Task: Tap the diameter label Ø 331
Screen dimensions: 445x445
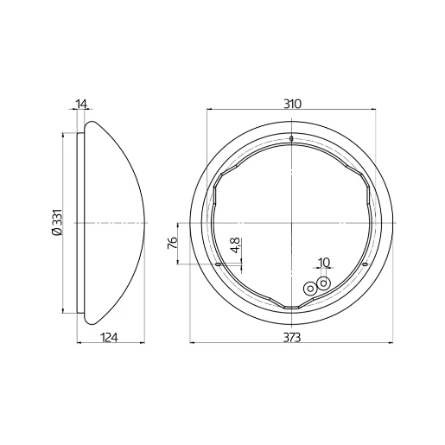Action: [x=56, y=223]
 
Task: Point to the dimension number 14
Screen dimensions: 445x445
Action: [x=81, y=104]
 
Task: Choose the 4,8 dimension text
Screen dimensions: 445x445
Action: [x=235, y=248]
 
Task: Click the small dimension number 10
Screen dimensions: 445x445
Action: [x=324, y=263]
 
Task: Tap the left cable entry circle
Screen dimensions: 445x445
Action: [x=310, y=288]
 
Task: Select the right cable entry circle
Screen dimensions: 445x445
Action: [x=324, y=282]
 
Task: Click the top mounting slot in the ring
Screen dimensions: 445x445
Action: [x=292, y=138]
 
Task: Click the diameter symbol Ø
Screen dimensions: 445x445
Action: [x=56, y=233]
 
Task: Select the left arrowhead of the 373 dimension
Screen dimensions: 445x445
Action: [x=192, y=344]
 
